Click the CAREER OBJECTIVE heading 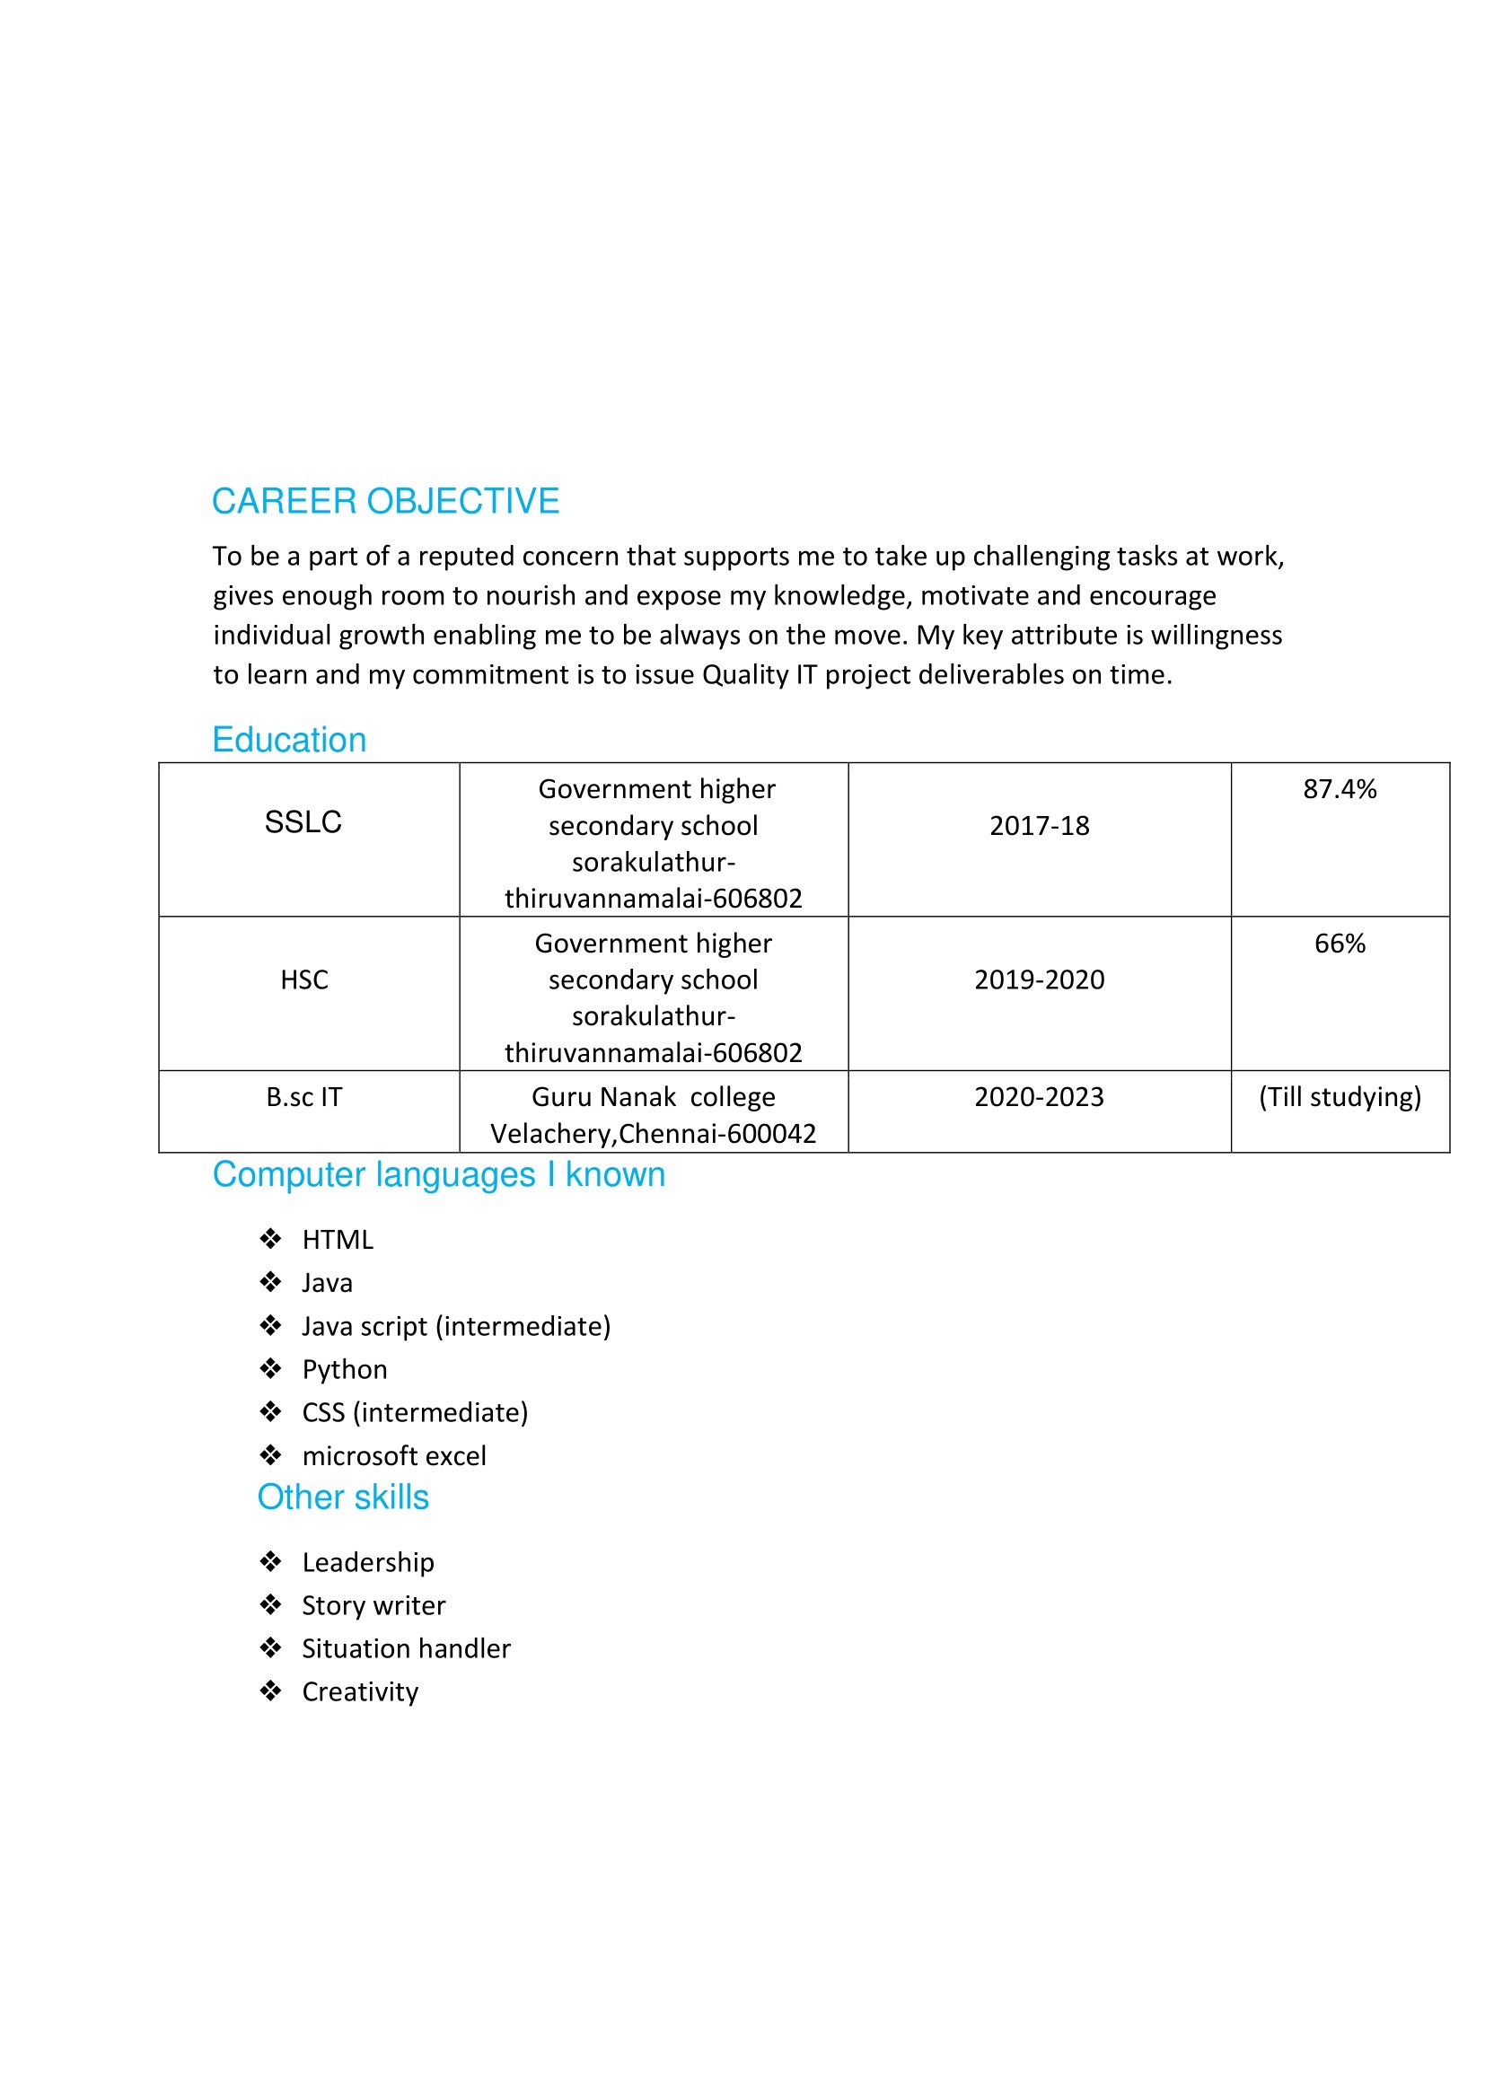tap(385, 501)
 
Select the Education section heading tap(289, 740)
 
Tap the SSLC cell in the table tap(303, 821)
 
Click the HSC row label tap(303, 979)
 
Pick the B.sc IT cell tap(303, 1096)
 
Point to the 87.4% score tap(1340, 789)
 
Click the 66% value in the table tap(1340, 943)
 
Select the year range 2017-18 tap(1039, 826)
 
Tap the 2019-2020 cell tap(1039, 979)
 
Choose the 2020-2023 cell tap(1039, 1096)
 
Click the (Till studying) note tap(1340, 1096)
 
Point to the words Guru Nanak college tap(653, 1096)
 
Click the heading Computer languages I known tap(439, 1175)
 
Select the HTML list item tap(338, 1240)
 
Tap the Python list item tap(345, 1369)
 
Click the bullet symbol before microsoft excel tap(269, 1454)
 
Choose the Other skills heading tap(343, 1497)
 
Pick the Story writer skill tap(374, 1605)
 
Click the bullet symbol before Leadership tap(269, 1561)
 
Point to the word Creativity tap(360, 1691)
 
